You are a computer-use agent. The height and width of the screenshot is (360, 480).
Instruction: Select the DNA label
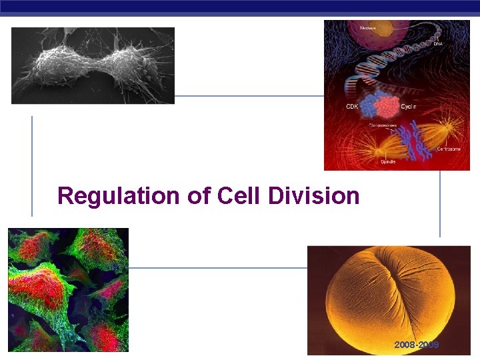(x=437, y=44)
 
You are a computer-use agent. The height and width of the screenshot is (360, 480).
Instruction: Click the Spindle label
(x=388, y=161)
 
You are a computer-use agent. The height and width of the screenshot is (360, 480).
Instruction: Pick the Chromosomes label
(x=383, y=125)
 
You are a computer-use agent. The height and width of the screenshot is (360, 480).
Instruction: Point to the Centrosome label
(x=447, y=149)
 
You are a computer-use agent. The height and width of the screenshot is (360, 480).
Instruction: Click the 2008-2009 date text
(x=417, y=345)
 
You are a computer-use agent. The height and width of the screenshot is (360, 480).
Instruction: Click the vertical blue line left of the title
(x=32, y=166)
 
